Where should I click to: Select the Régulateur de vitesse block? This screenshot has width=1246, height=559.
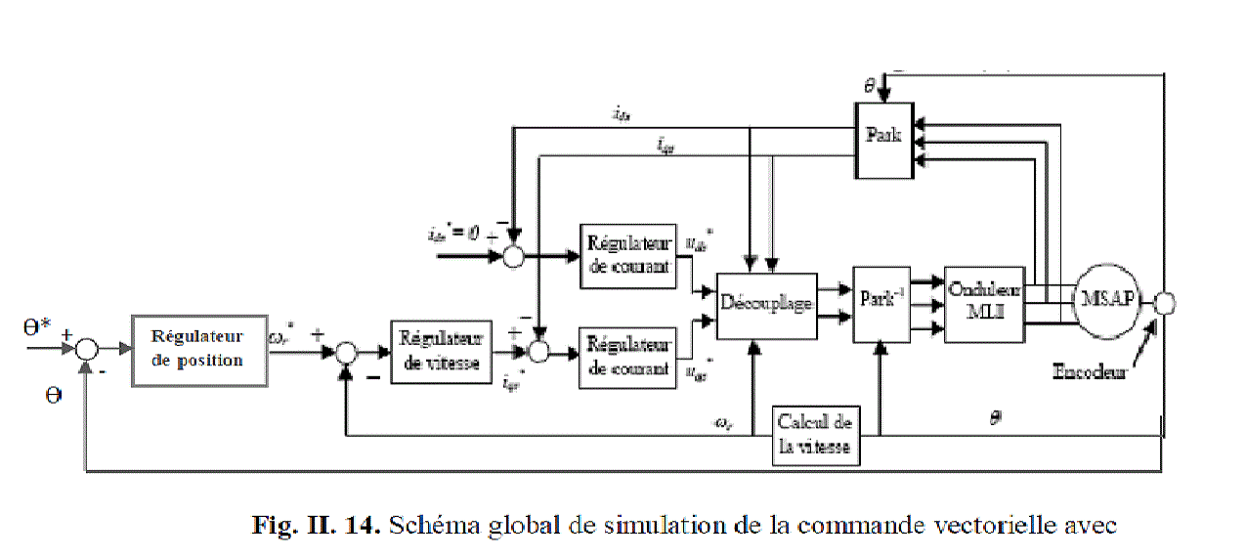tap(441, 351)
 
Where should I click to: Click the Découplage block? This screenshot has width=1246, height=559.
tap(766, 305)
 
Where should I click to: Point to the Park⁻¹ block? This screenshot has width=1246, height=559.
tap(881, 304)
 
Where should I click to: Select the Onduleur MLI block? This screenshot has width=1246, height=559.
tap(984, 304)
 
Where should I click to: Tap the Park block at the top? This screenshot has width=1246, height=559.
tap(883, 138)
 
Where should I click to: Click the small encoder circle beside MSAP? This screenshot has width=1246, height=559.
tap(1164, 304)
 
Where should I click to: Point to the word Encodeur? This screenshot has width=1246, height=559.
tap(1090, 372)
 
